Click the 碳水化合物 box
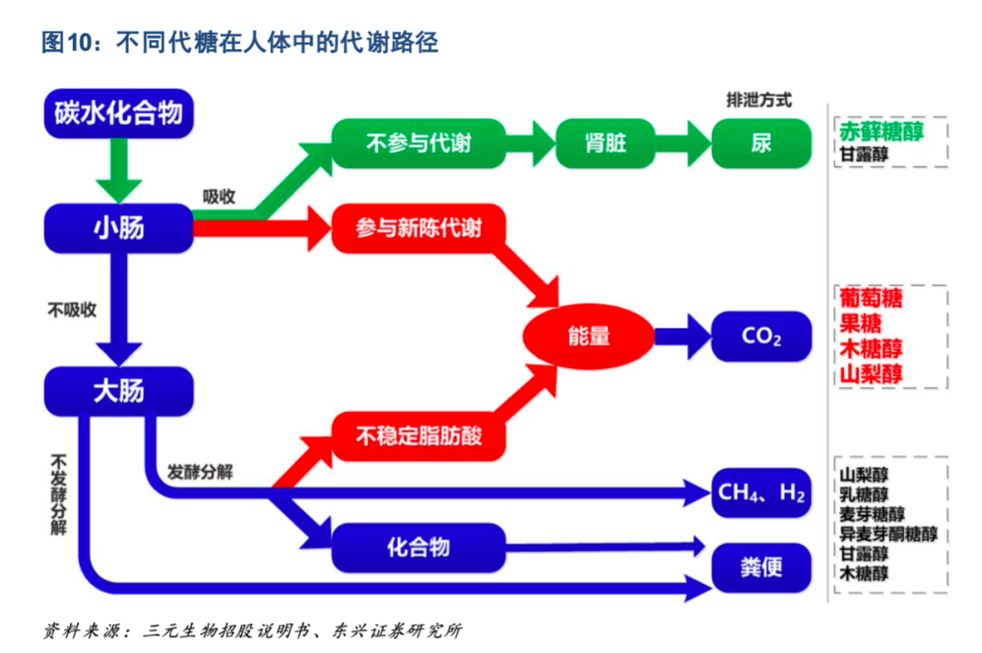pos(118,113)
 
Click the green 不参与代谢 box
pos(418,143)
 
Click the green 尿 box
pos(760,143)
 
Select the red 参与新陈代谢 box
pos(418,228)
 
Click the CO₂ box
pos(760,337)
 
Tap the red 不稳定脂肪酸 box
pos(418,437)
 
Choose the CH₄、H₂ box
pos(760,493)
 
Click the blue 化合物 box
pos(418,548)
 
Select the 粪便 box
pos(760,569)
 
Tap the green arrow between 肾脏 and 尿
pos(684,143)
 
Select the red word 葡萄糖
pos(870,298)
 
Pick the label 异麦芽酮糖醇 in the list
pos(887,534)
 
